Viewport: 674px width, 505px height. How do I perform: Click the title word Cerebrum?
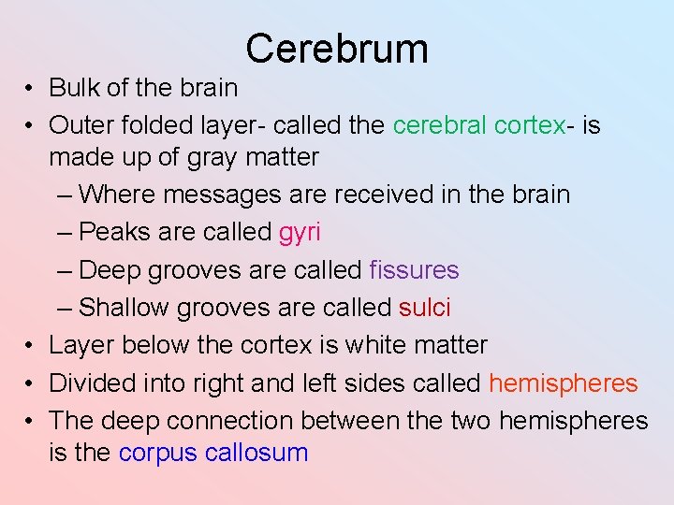click(337, 49)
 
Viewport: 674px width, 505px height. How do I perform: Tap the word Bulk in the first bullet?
click(71, 88)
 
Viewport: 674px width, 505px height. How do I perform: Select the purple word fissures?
click(414, 270)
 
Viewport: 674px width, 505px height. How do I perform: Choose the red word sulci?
click(424, 308)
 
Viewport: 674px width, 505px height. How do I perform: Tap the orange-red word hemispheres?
click(563, 383)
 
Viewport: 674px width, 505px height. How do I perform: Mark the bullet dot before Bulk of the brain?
click(31, 89)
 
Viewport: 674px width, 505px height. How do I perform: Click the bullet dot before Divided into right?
click(31, 384)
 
